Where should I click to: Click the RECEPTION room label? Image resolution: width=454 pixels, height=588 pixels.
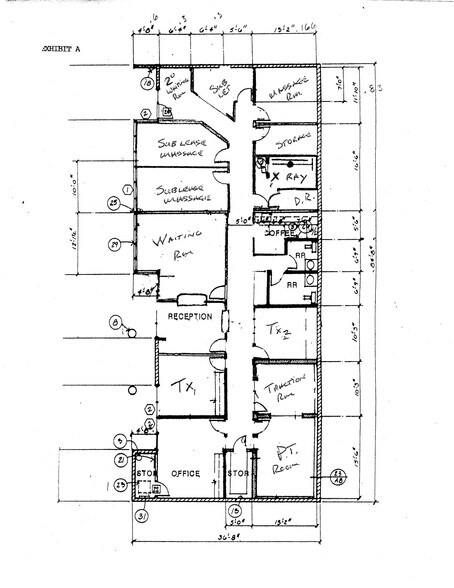point(189,317)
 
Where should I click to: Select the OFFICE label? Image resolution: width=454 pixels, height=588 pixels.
point(186,473)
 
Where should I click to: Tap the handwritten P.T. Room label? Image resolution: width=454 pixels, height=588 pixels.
point(280,461)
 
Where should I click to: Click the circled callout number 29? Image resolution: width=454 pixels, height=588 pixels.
point(115,244)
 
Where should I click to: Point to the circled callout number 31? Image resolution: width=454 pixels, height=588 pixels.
point(143,516)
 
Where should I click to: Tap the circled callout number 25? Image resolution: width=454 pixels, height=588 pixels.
point(114,203)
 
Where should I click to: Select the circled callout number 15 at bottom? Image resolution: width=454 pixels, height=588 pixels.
point(235,509)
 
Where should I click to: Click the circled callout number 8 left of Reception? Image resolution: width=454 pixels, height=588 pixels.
point(116,322)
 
